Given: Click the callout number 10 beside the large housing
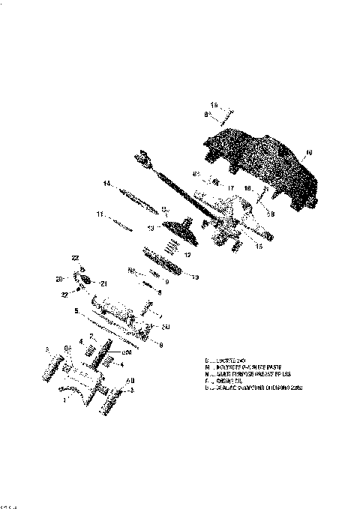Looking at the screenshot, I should pyautogui.click(x=309, y=153).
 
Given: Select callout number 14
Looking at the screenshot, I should pyautogui.click(x=107, y=184).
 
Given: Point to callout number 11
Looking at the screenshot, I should pyautogui.click(x=99, y=214).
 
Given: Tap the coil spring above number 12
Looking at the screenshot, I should pyautogui.click(x=173, y=244).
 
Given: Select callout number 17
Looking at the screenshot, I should pyautogui.click(x=230, y=187).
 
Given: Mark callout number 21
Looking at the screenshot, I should pyautogui.click(x=104, y=283).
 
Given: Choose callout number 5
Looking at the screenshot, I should pyautogui.click(x=76, y=310).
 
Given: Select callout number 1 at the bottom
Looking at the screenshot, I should pyautogui.click(x=65, y=400).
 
